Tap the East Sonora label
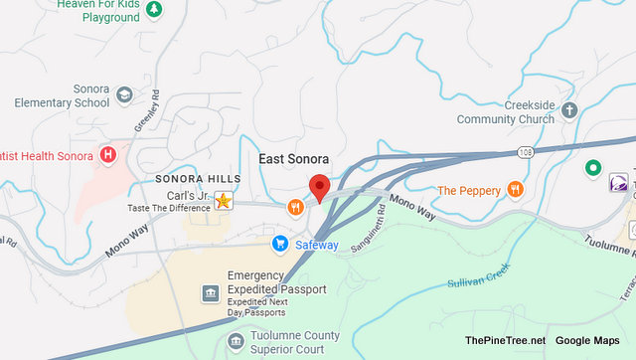293,159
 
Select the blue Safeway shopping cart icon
280,243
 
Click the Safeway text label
316,245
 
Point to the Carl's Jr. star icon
225,202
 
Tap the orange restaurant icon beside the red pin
295,208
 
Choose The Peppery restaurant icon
515,190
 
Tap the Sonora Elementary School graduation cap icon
124,95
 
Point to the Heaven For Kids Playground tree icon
154,11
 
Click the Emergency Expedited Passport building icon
210,292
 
